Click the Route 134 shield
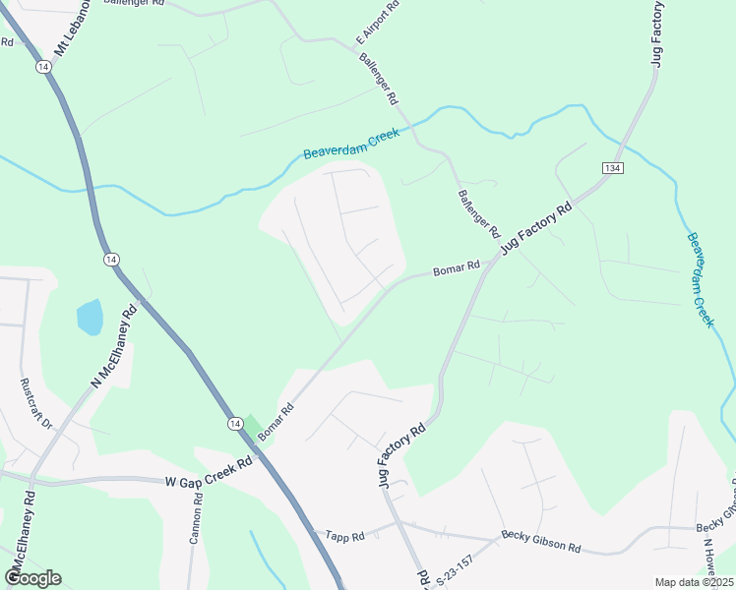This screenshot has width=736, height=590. click(x=612, y=169)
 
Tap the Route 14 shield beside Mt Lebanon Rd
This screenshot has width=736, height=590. click(x=42, y=66)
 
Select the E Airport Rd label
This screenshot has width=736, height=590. click(x=377, y=23)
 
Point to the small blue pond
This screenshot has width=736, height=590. click(x=89, y=317)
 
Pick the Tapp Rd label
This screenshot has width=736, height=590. click(x=345, y=536)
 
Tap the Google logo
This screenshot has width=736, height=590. click(x=32, y=577)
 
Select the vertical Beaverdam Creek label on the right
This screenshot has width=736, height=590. click(x=700, y=279)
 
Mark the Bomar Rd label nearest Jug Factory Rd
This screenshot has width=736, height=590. click(x=457, y=266)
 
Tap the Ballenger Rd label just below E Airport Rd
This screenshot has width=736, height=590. click(x=378, y=79)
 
